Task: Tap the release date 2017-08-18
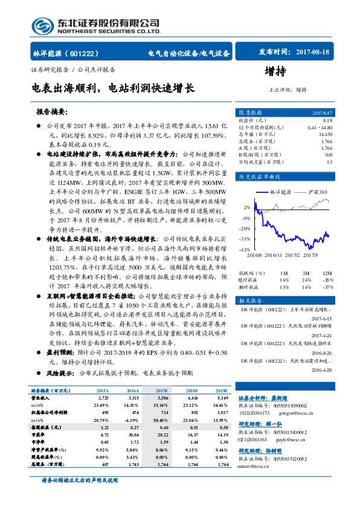click(312, 53)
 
